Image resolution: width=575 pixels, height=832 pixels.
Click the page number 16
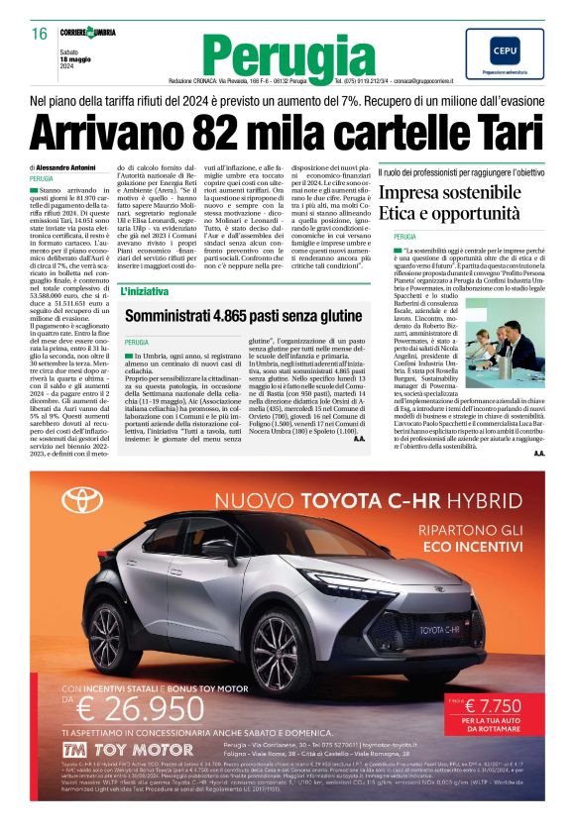coord(40,34)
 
